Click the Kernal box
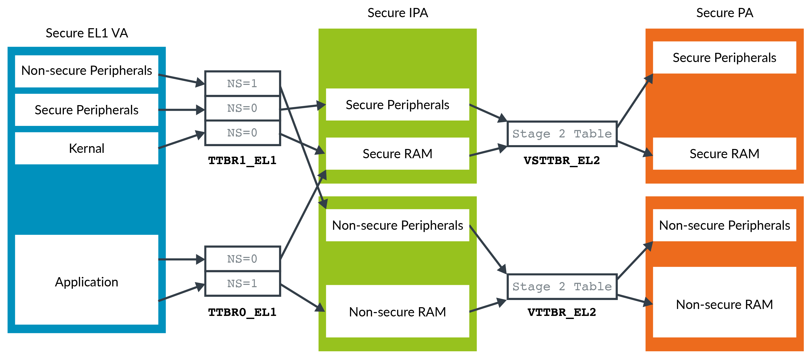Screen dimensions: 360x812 coord(86,148)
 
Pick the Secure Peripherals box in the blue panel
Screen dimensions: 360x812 coord(86,110)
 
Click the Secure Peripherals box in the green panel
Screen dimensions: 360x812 coord(397,104)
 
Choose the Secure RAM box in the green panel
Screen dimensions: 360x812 coord(397,154)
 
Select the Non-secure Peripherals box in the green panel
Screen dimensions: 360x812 coord(397,225)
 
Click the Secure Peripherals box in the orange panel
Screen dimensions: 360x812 coord(724,57)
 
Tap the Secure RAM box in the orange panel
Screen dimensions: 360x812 coord(724,154)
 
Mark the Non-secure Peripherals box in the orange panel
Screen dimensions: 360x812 coord(724,225)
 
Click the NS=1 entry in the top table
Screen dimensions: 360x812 coord(242,84)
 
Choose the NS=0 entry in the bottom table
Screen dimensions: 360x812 coord(242,259)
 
